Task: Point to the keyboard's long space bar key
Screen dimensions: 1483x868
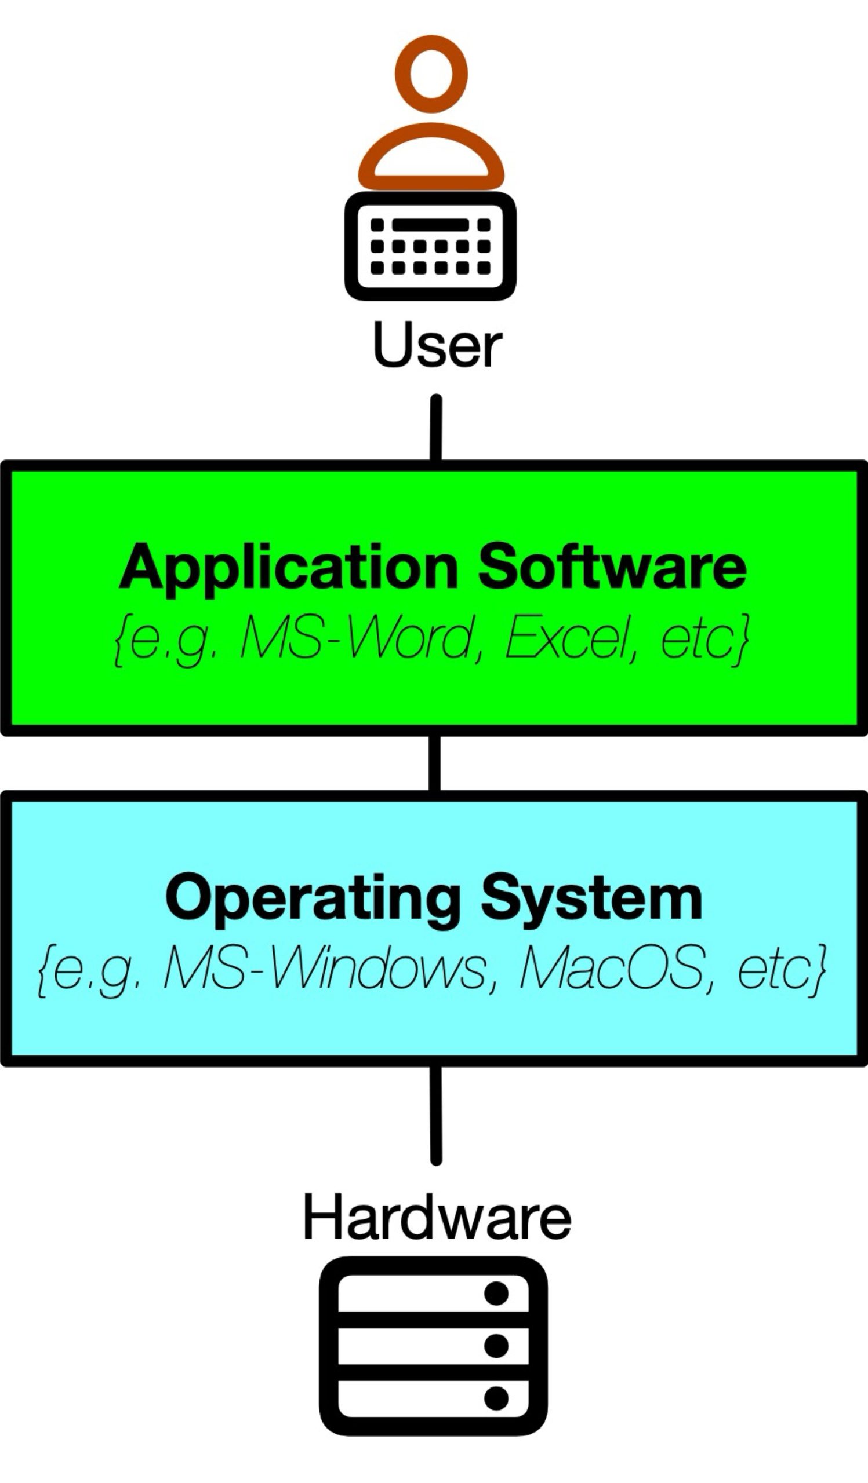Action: (x=430, y=225)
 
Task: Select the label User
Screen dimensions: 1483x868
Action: (x=438, y=346)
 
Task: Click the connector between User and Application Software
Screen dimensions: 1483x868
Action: (x=436, y=429)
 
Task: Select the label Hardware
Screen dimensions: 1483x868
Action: (x=437, y=1218)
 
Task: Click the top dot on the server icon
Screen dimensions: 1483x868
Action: (x=496, y=1294)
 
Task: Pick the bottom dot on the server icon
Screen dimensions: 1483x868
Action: (x=496, y=1398)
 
